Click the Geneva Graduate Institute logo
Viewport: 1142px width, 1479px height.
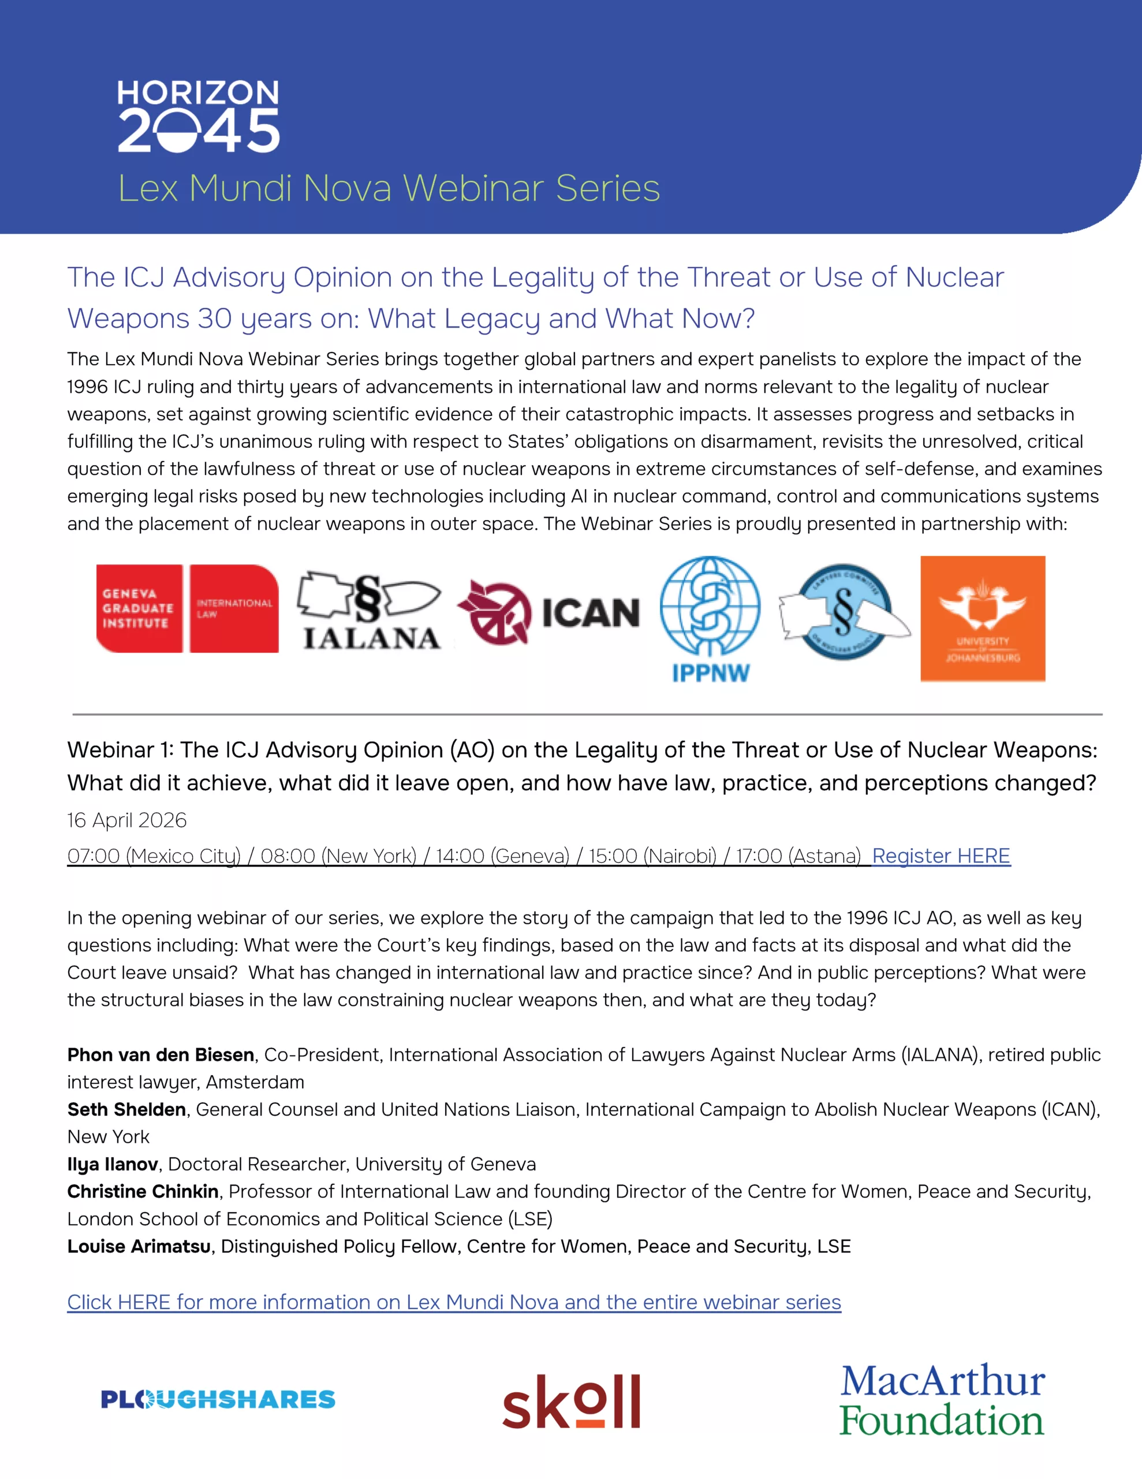tap(188, 608)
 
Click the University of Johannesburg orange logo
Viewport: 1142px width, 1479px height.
tap(982, 618)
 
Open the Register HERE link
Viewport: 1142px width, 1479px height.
tap(941, 856)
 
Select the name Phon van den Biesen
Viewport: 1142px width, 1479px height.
tap(161, 1054)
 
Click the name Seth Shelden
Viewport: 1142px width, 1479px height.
tap(126, 1109)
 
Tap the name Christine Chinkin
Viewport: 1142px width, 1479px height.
tap(143, 1191)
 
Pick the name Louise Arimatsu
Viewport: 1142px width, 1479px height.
tap(139, 1246)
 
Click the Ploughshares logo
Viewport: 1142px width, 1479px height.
tap(218, 1399)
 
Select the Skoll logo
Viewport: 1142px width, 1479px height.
tap(570, 1400)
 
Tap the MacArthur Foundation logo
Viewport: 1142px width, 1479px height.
tap(942, 1399)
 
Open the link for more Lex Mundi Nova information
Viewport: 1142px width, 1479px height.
tap(454, 1302)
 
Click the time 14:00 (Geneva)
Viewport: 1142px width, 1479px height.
tap(502, 856)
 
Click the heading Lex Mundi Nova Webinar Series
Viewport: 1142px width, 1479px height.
tap(389, 188)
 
